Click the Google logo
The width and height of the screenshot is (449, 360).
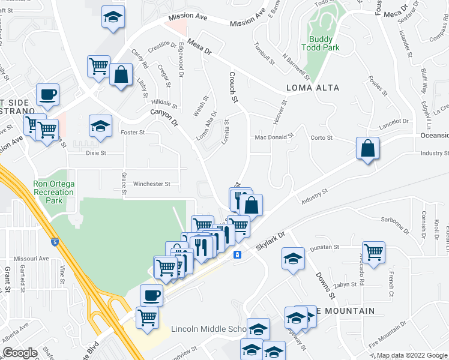pos(20,353)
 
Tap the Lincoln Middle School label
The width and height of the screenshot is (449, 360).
pos(208,329)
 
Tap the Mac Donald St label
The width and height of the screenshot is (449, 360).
pos(273,137)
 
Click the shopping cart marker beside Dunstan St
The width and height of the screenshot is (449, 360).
pos(373,251)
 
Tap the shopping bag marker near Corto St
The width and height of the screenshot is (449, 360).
pos(367,148)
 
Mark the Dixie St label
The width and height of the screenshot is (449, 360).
pos(96,153)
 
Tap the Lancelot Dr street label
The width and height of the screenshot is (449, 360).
pos(394,123)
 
